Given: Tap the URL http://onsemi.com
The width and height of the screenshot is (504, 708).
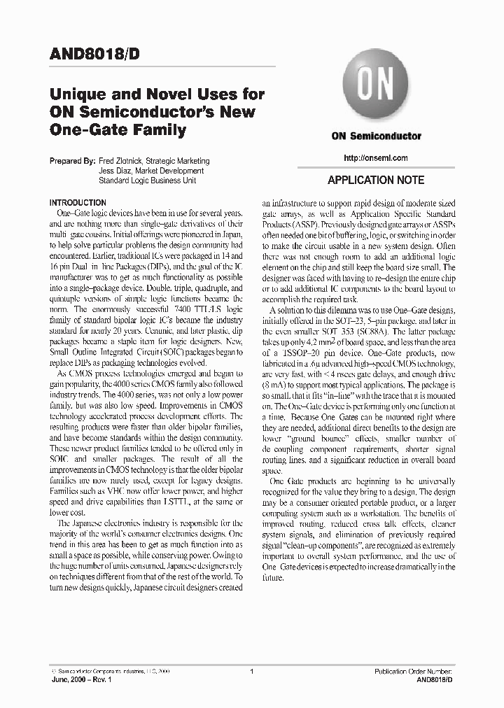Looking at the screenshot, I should click(x=376, y=158).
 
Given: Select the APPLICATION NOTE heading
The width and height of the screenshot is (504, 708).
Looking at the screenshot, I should click(x=376, y=180).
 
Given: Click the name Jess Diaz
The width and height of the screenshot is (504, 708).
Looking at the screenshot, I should click(x=115, y=171).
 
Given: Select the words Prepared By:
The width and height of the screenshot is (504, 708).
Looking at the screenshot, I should click(x=72, y=161).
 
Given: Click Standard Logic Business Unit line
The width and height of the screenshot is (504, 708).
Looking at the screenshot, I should click(x=147, y=180).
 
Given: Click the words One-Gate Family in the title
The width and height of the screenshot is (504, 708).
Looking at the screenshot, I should click(x=118, y=129).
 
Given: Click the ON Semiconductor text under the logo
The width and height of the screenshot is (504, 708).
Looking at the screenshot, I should click(x=376, y=136).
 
